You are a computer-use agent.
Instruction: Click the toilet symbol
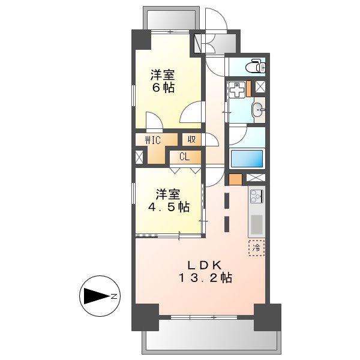coord(256,66)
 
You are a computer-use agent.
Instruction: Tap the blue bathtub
coord(247,158)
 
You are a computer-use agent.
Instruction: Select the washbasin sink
coord(259,110)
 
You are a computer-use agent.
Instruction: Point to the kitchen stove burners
coord(256,197)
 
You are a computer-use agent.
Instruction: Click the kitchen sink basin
coord(256,224)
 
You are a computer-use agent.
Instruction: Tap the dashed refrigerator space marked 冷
coord(256,248)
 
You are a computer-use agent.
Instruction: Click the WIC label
coord(153,140)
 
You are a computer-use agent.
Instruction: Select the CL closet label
coord(185,157)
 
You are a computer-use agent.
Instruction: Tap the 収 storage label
coord(191,139)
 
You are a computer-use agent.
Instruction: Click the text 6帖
coord(163,88)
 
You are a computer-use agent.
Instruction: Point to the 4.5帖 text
coord(169,207)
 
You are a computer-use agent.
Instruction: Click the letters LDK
coord(205,265)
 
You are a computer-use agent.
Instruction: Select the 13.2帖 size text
coord(205,278)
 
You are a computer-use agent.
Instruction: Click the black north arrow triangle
coord(97,296)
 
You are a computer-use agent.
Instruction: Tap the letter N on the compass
coord(114,296)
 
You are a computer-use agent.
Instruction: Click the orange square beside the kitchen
coord(235,179)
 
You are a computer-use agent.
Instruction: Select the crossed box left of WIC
coord(139,157)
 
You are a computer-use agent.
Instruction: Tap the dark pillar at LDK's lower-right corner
coord(268,317)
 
